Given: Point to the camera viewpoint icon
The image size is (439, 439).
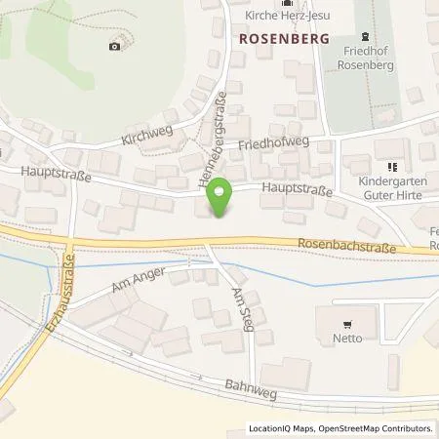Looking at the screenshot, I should pos(115,46).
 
